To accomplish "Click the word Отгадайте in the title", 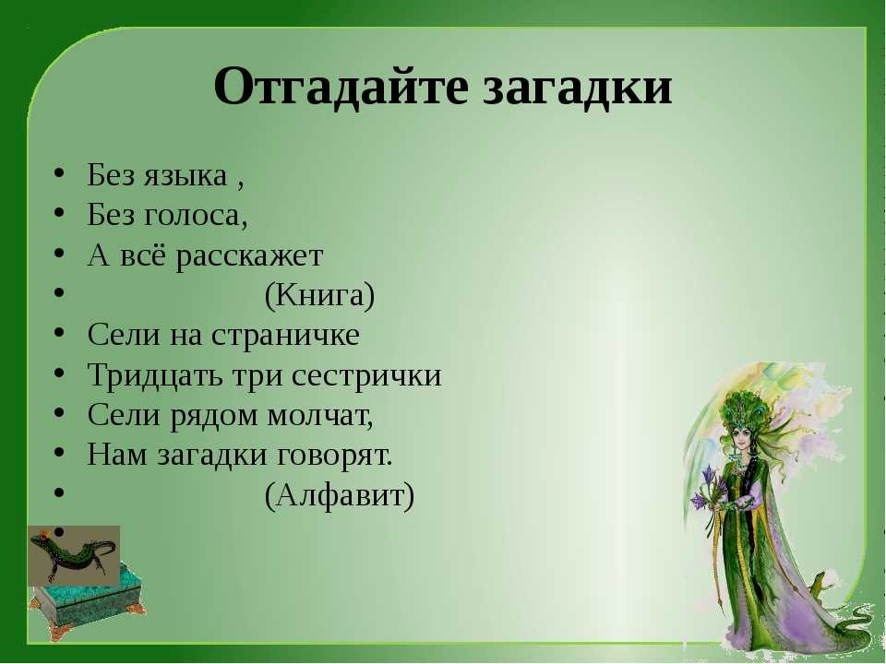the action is [x=341, y=88].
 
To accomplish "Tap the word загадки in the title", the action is [x=577, y=88].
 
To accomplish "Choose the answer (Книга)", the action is [x=320, y=295].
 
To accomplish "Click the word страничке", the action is [x=286, y=336].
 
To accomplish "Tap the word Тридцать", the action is [x=155, y=376].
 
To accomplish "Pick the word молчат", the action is [x=320, y=416].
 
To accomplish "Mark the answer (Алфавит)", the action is [x=340, y=496].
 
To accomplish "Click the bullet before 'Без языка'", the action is [x=59, y=172].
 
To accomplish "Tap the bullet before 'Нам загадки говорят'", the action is [x=59, y=453].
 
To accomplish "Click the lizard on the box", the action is [x=72, y=552].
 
